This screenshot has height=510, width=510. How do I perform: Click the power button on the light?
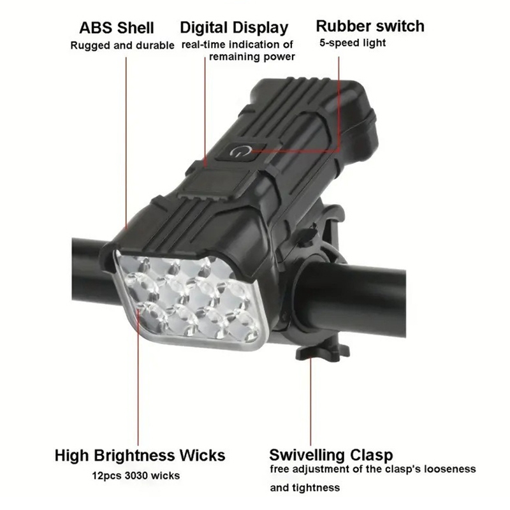(x=241, y=152)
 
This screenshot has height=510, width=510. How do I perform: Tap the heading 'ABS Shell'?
(x=117, y=27)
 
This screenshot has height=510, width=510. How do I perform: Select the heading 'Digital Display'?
(x=234, y=28)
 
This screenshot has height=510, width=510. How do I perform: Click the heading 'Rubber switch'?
(x=370, y=26)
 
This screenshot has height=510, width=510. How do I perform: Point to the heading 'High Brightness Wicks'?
(x=140, y=455)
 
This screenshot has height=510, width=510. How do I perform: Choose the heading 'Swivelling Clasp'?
(x=331, y=455)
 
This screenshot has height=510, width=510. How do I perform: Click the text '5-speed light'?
(x=353, y=43)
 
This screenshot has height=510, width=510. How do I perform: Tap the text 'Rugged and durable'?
(x=122, y=45)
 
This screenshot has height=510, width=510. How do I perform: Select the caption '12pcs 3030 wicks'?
(x=136, y=476)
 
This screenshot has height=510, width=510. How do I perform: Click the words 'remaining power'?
(x=252, y=57)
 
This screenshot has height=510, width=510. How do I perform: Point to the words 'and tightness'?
(x=305, y=488)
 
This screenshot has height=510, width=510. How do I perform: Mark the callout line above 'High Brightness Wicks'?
(x=138, y=377)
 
